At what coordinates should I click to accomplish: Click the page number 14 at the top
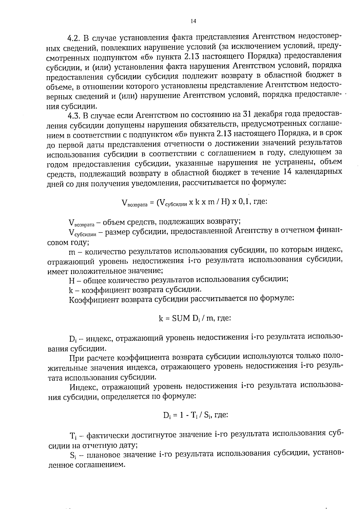pos(193,21)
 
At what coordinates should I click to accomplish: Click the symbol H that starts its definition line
pos(71,280)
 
